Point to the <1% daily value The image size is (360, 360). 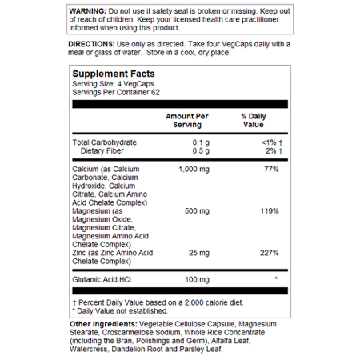266,142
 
